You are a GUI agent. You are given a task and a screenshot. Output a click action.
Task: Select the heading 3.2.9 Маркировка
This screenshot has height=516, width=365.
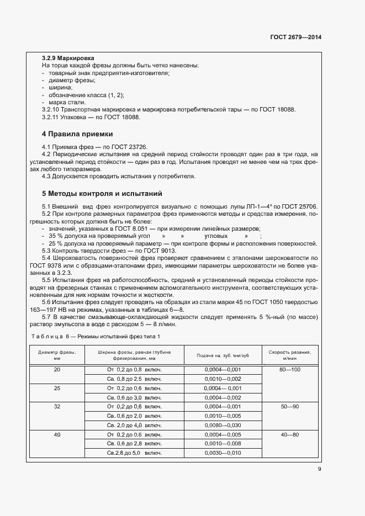click(x=68, y=58)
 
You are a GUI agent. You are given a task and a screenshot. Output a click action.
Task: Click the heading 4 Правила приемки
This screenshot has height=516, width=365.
click(x=77, y=134)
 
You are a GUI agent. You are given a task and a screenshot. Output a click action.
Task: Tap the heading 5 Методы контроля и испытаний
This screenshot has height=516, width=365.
click(x=102, y=194)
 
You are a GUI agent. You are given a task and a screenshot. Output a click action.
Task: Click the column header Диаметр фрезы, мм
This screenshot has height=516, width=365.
click(x=57, y=354)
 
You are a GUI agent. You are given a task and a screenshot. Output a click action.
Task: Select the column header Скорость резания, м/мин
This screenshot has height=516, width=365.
click(x=290, y=354)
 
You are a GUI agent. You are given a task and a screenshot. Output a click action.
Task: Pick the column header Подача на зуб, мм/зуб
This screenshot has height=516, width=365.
click(x=223, y=355)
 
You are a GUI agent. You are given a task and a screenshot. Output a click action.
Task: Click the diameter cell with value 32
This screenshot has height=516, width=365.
click(x=57, y=406)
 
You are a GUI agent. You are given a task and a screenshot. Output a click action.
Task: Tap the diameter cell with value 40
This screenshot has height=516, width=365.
click(x=57, y=435)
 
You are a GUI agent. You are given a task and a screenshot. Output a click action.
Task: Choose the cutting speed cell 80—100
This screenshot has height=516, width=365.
click(x=290, y=369)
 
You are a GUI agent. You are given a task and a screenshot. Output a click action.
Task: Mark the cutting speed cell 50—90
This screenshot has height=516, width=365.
click(x=290, y=406)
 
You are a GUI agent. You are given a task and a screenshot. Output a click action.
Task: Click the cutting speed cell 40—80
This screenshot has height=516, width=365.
click(x=290, y=435)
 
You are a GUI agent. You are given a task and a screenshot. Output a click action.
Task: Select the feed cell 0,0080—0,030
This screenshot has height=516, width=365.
click(x=223, y=425)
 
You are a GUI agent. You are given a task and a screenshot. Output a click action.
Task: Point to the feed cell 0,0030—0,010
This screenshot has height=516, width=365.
click(x=223, y=453)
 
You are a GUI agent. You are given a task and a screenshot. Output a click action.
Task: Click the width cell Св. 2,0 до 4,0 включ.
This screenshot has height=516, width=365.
click(x=134, y=425)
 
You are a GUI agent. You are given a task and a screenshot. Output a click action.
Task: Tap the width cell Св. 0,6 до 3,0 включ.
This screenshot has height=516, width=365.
click(x=134, y=397)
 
